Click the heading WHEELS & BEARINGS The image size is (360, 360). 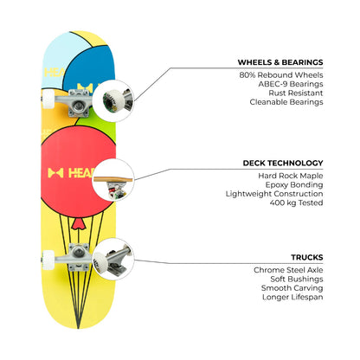tap(280, 62)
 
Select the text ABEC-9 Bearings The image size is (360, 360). tap(291, 84)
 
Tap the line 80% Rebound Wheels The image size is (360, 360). tap(281, 75)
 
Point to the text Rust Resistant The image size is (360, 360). tap(296, 93)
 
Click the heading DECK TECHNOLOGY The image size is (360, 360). tap(283, 163)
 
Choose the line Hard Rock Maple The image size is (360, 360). tap(291, 176)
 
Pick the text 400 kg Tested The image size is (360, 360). tap(296, 202)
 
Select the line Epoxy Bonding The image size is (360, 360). tap(294, 184)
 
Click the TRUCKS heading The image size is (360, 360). tap(307, 257)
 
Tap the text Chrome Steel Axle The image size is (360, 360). tap(288, 270)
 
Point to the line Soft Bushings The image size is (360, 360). tap(297, 279)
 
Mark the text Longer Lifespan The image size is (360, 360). tap(292, 297)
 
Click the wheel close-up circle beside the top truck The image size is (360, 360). tap(113, 101)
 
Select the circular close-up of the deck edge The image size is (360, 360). tap(113, 180)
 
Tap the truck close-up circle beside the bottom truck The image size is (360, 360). tap(113, 259)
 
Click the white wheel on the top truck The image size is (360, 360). tap(48, 99)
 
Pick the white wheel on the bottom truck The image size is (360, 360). tap(48, 260)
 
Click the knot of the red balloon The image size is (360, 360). tap(78, 224)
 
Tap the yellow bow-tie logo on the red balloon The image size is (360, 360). tap(55, 173)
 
